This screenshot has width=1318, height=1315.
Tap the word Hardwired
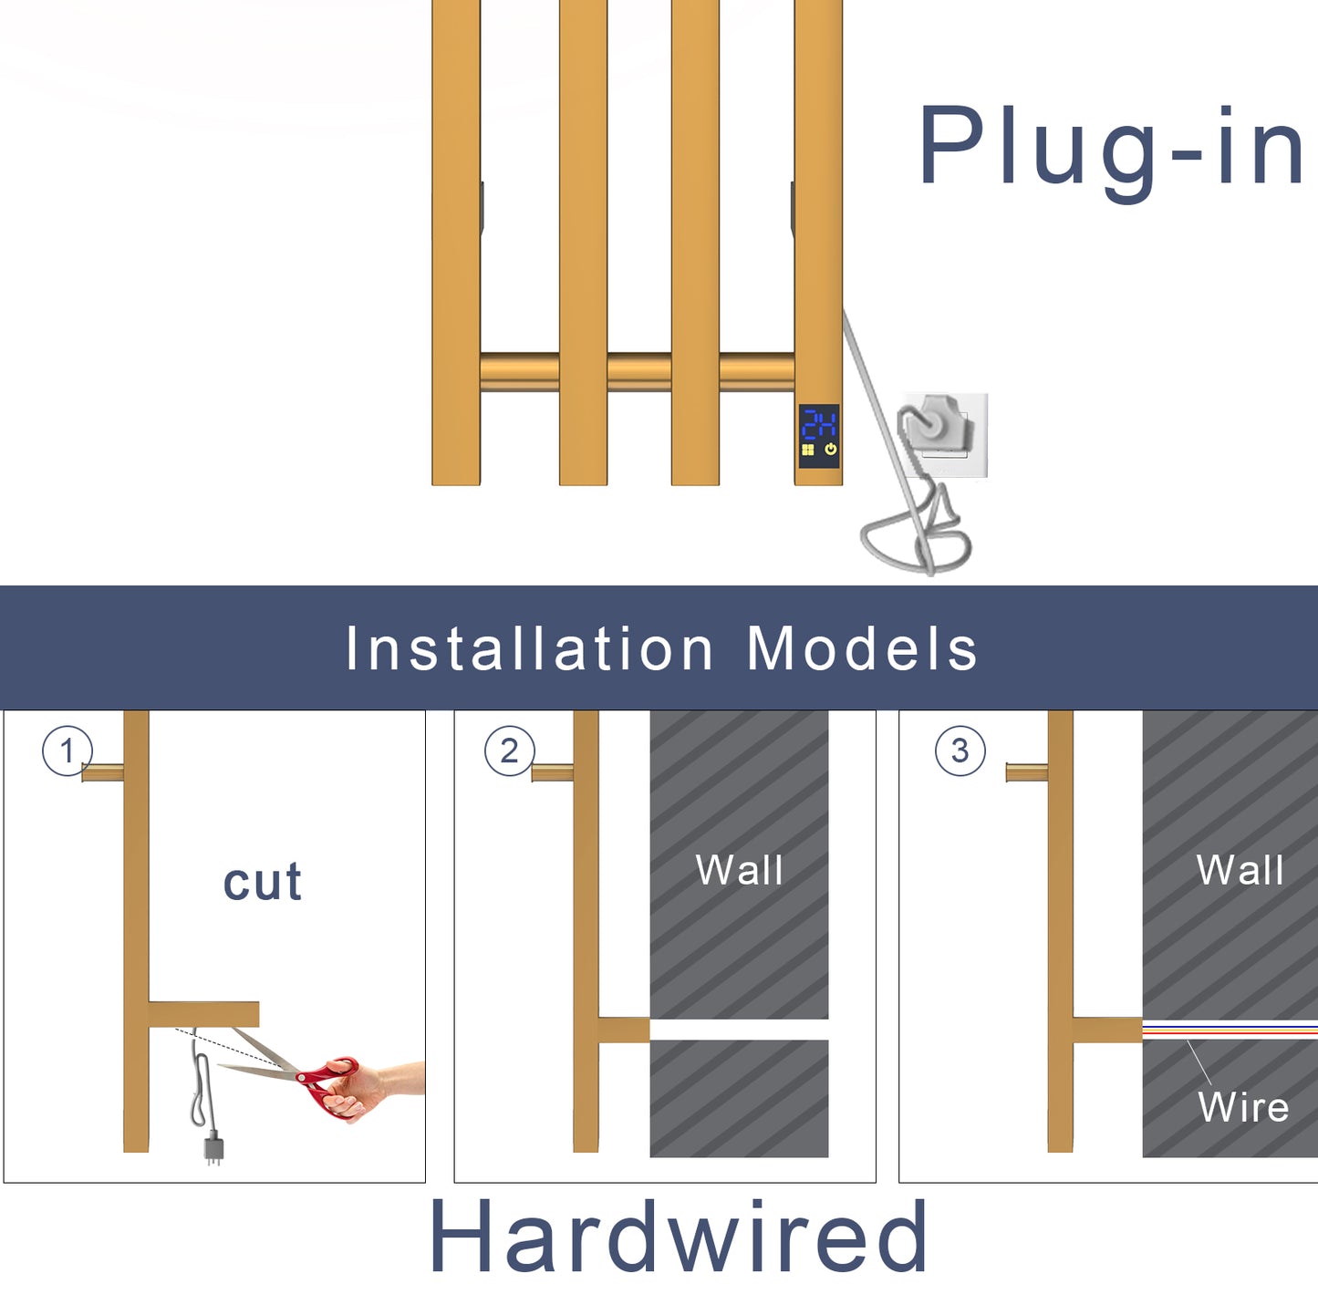point(679,1237)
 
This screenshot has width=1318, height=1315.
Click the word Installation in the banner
point(529,649)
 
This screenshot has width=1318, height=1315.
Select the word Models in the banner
point(862,649)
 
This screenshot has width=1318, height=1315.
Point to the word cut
point(263,883)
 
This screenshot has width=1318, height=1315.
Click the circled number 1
point(67,751)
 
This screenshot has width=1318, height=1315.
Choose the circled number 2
point(509,751)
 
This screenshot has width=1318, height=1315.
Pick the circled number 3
point(960,751)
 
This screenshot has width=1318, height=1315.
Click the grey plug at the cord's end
point(213,1148)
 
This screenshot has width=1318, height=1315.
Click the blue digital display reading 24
point(819,425)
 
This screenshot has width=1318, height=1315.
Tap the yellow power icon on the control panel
point(830,450)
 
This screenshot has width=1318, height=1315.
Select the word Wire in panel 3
point(1243,1108)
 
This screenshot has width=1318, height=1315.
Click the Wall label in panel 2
point(739,870)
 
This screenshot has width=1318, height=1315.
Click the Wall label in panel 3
point(1240,870)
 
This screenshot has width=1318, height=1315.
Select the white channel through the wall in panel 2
point(739,1030)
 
